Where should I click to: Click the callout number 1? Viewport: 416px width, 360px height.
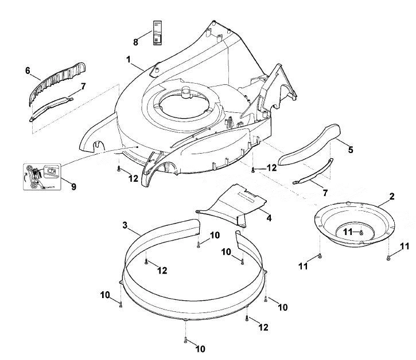129,60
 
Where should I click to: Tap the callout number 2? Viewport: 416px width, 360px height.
392,197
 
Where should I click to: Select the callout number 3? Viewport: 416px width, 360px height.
125,225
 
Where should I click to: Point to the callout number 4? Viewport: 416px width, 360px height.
269,218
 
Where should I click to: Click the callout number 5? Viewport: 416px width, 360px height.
351,150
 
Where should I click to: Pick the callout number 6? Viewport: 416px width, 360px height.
28,71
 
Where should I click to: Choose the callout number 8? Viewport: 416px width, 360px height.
135,42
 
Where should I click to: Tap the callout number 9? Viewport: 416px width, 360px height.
73,187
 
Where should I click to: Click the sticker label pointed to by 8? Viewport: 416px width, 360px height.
157,33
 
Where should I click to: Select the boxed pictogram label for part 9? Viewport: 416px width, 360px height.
42,177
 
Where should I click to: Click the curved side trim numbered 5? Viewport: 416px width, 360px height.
309,145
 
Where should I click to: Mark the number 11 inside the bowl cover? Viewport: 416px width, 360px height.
348,232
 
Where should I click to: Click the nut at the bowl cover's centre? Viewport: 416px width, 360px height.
361,233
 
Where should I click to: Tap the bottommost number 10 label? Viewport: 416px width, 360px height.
200,349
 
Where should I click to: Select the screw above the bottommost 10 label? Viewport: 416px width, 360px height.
185,341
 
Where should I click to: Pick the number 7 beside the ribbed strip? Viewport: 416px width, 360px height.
83,86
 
